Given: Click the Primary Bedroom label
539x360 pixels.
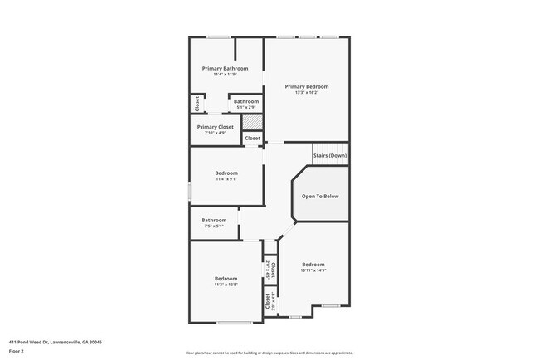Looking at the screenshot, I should click(x=306, y=86).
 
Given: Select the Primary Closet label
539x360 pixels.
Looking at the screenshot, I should click(x=216, y=127).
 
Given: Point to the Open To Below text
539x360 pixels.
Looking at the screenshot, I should click(x=319, y=196).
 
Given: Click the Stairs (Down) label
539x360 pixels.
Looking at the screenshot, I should click(x=329, y=156).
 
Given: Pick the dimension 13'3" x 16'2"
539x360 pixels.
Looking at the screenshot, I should click(x=306, y=92).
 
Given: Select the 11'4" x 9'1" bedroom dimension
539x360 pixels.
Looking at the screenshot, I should click(x=226, y=178).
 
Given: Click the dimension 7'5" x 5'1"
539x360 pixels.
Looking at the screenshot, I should click(x=213, y=226).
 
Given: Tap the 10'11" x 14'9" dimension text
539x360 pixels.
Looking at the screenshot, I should click(x=313, y=270).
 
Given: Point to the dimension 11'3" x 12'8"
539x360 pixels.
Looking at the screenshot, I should click(x=226, y=285).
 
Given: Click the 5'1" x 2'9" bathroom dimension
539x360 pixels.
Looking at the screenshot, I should click(x=246, y=107).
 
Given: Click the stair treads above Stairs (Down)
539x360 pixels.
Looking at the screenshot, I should click(x=329, y=146).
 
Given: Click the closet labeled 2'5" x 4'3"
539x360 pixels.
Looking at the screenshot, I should click(x=270, y=302).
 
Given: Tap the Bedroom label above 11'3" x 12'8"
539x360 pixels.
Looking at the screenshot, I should click(x=226, y=278).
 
